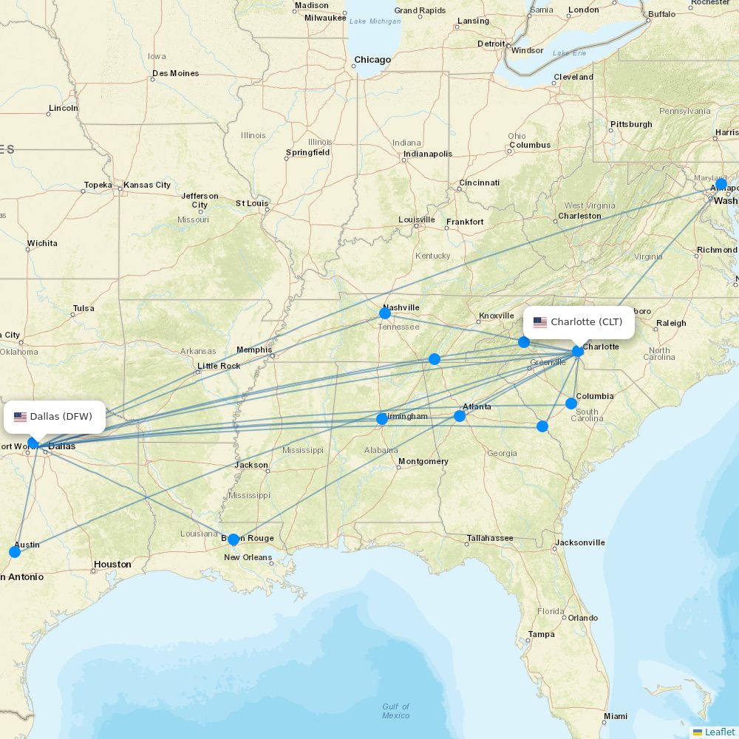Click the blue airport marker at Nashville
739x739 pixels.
[x=385, y=313]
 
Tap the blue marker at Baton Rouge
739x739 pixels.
[x=234, y=539]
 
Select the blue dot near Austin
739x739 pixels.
[x=15, y=552]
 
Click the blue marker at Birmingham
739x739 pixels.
[x=382, y=419]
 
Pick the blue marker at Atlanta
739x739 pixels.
[x=460, y=416]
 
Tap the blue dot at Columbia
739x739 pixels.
[x=571, y=403]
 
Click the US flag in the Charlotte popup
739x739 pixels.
[x=540, y=322]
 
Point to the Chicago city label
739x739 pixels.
[x=372, y=60]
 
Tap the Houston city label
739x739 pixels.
[x=112, y=565]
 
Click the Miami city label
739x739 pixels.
[x=615, y=716]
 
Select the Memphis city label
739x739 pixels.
[x=253, y=350]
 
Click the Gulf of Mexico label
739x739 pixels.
[x=395, y=711]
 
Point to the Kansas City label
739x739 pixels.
[x=146, y=185]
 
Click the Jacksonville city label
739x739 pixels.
[x=580, y=542]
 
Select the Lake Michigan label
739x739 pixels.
[x=375, y=21]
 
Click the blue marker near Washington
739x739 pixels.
[x=721, y=184]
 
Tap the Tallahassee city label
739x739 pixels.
[x=490, y=538]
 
